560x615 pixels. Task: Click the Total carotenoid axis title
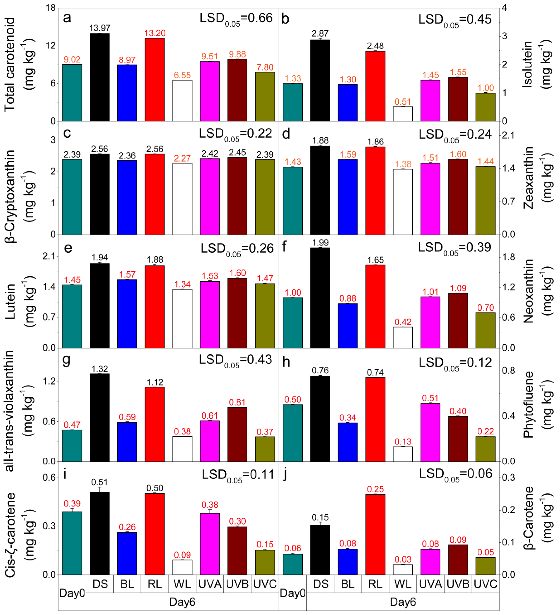coord(10,65)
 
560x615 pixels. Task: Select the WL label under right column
coord(403,584)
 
